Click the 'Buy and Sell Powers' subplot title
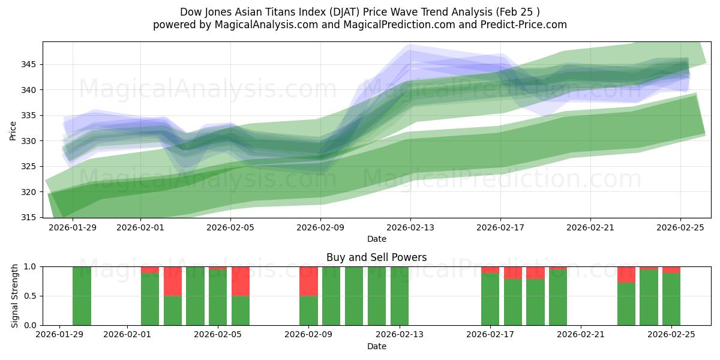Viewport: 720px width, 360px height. point(377,257)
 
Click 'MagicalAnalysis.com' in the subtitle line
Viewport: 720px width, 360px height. point(257,25)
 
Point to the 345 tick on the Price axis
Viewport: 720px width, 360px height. point(31,64)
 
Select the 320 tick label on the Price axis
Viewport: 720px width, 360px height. point(31,192)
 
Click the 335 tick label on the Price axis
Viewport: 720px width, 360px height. point(31,115)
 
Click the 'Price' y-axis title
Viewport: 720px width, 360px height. point(13,130)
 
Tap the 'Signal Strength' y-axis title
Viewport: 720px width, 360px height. point(15,296)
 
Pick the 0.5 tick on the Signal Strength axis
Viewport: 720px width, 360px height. point(29,296)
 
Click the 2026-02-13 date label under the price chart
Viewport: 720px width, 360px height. point(410,228)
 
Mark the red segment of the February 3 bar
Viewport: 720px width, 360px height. point(173,281)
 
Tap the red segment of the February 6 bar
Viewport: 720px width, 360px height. point(241,281)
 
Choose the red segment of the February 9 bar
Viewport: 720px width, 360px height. point(308,281)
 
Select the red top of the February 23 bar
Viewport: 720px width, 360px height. point(626,274)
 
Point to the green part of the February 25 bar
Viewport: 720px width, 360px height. point(671,299)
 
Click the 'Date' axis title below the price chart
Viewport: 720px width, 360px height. point(377,239)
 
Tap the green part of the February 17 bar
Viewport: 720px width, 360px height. point(490,299)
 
